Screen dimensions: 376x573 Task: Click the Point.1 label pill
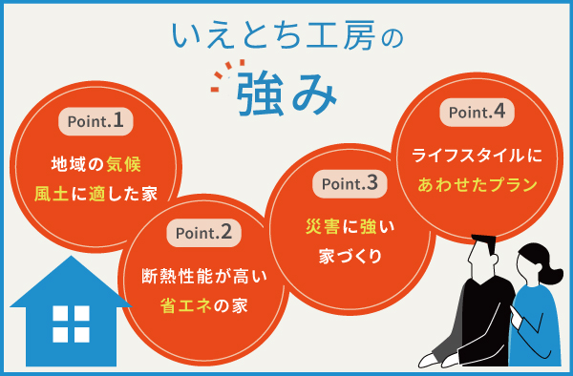click(94, 121)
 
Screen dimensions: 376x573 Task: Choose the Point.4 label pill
click(478, 112)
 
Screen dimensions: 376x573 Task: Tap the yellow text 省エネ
click(185, 304)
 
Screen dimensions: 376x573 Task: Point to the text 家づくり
click(349, 256)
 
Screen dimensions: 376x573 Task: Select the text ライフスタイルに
click(477, 153)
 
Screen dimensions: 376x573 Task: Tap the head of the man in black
click(485, 254)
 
